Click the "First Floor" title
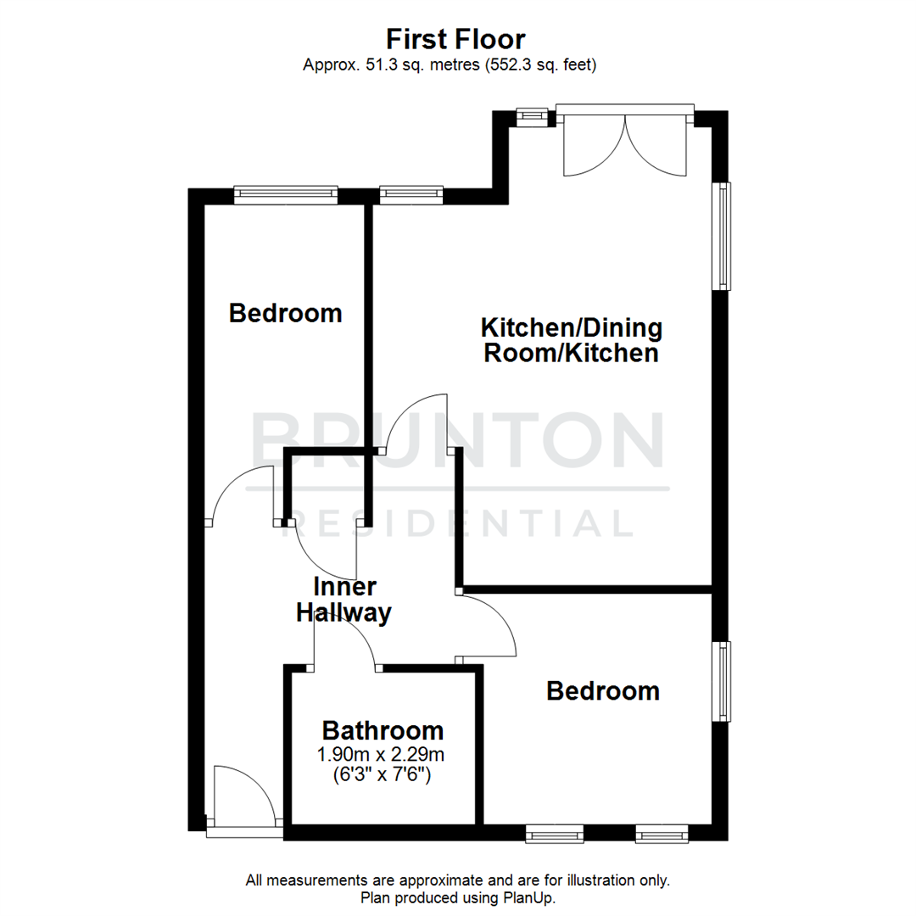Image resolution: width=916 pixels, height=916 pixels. coord(456,39)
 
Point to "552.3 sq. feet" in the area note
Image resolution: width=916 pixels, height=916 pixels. coord(540,64)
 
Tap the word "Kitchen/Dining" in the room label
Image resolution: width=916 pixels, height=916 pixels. coord(572,327)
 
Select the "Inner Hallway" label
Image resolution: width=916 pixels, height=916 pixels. coord(343,600)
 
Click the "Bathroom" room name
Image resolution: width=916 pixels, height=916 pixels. coord(383,729)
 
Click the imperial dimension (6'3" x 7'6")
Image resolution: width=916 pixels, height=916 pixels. coord(383,774)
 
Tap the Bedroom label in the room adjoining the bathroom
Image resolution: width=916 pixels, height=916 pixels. coord(602,690)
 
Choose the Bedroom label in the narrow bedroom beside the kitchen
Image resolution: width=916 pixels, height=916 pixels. coord(286,313)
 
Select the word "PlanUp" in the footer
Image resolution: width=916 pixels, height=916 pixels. coord(531,897)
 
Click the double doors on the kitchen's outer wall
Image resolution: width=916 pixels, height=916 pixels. coord(624,144)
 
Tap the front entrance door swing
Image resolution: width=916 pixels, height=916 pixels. coord(244,796)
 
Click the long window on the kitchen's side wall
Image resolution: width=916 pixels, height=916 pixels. coord(723,236)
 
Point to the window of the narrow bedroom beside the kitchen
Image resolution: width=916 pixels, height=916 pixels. coord(286,195)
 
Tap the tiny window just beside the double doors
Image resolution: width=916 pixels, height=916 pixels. coord(533,114)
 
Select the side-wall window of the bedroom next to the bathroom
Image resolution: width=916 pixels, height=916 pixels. coord(723,681)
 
